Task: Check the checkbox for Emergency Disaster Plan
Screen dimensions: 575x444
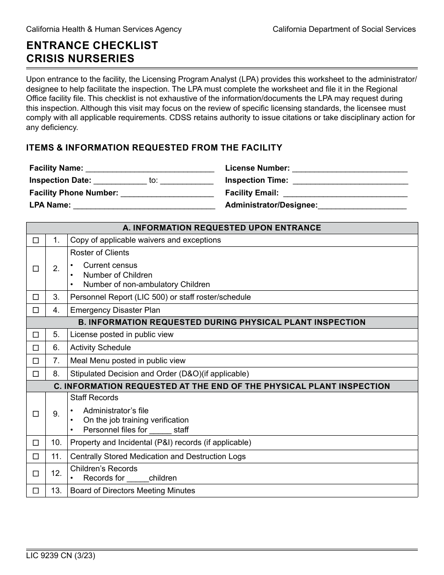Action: [36, 310]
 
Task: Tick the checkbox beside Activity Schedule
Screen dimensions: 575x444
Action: [36, 348]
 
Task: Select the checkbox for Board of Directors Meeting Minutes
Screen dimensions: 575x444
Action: [36, 491]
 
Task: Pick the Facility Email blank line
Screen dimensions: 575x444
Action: [345, 194]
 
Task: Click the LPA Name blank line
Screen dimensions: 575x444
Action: [144, 206]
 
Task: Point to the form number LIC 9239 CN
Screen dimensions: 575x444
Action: [61, 556]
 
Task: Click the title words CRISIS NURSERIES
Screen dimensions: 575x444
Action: [80, 59]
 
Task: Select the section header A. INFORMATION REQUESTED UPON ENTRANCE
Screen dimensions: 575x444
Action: [222, 228]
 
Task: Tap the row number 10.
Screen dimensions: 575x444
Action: [56, 442]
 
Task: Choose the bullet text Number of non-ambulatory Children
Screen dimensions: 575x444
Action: [146, 284]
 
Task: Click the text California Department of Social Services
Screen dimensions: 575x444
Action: [344, 29]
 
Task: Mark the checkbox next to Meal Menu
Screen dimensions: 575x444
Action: [36, 361]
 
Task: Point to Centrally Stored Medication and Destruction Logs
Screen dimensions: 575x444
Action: [158, 456]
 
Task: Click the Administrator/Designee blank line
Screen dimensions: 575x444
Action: [362, 206]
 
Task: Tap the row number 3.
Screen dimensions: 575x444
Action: [56, 297]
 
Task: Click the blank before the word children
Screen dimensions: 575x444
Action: [137, 479]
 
